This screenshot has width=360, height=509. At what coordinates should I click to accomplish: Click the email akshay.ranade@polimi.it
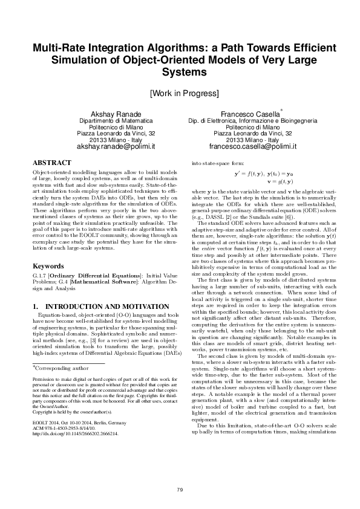114,147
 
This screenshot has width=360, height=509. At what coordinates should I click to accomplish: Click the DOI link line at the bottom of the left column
76,451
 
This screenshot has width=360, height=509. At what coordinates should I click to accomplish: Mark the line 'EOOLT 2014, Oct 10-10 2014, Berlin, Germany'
80,439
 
